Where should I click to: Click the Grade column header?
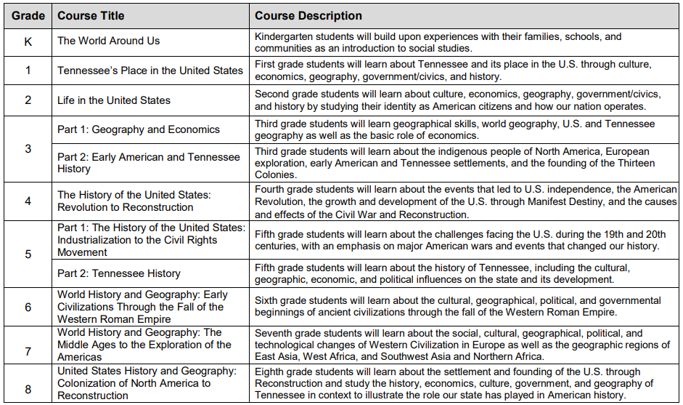point(28,15)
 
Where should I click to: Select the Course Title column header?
point(91,15)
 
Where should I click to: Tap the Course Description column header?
point(308,15)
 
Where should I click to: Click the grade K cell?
point(28,41)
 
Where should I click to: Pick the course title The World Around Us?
point(109,41)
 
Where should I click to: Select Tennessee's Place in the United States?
point(150,71)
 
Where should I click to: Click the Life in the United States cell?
point(114,100)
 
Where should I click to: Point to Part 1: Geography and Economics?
point(139,129)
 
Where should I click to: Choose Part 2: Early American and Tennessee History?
point(149,163)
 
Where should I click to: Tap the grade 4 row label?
point(28,201)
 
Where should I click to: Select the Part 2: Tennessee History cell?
point(119,273)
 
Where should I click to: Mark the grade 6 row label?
point(28,308)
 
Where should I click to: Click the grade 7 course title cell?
point(144,345)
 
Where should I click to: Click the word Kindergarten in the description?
point(285,36)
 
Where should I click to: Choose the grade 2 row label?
point(28,100)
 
